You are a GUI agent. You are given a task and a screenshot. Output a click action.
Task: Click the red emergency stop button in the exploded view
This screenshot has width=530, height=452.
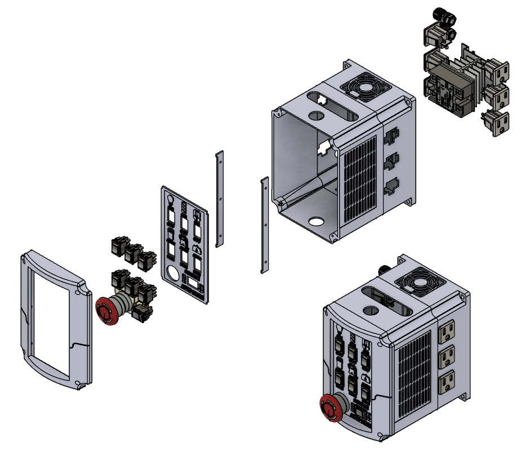coord(106,311)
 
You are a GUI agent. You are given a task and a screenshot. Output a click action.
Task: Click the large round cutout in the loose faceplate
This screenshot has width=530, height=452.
coord(172,275)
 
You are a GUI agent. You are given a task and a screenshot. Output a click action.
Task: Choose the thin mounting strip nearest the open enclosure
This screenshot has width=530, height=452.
coord(264,225)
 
